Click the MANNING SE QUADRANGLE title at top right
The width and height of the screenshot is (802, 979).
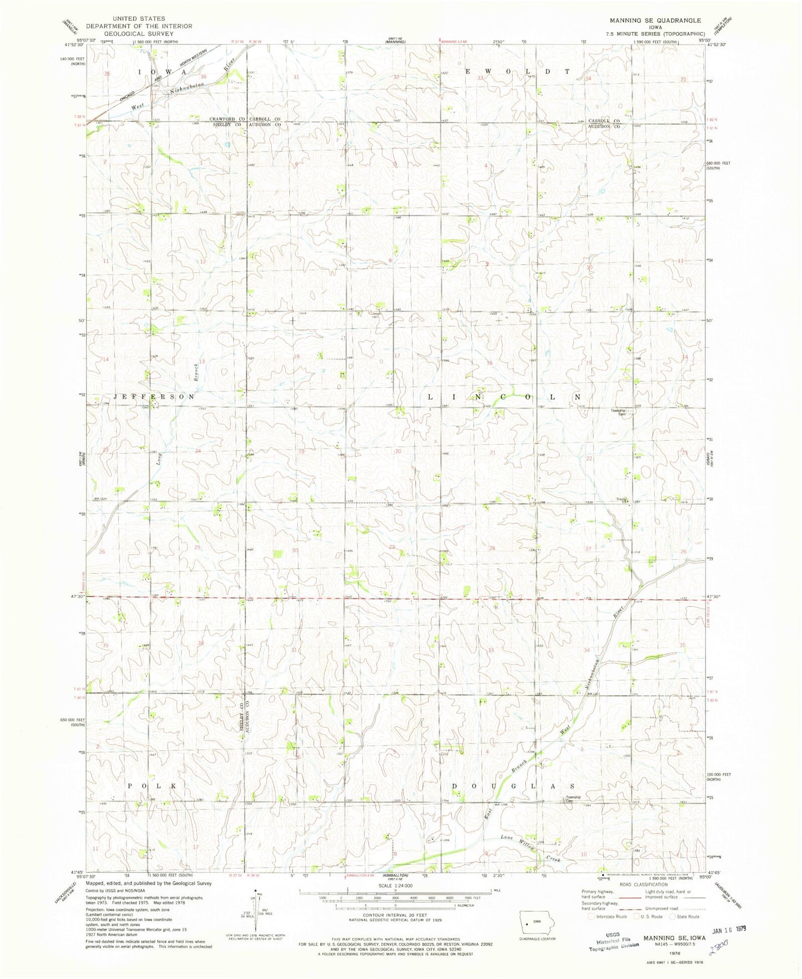tap(655, 21)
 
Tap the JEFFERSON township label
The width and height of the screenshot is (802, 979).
tap(154, 397)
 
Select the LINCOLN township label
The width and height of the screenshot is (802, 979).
tap(505, 397)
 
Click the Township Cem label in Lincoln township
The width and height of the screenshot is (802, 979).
tap(618, 413)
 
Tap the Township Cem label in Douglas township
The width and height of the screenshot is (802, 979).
tap(573, 799)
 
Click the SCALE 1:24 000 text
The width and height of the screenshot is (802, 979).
tap(395, 886)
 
